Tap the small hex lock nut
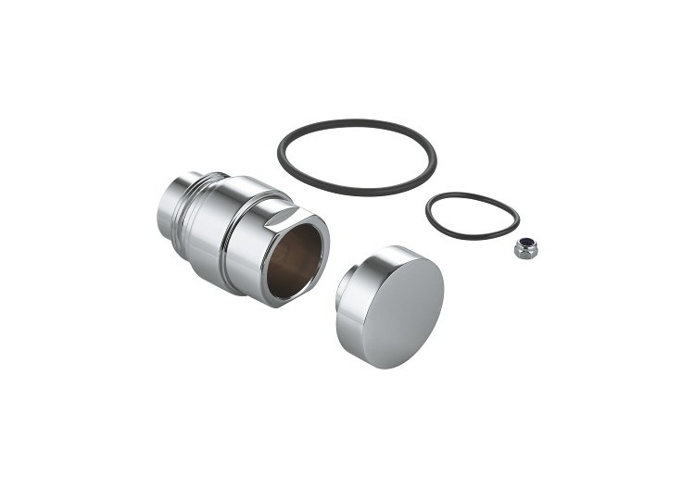pos(525,248)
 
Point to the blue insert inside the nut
pos(525,244)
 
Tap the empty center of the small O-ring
pos(473,215)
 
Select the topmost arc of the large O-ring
pos(357,121)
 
